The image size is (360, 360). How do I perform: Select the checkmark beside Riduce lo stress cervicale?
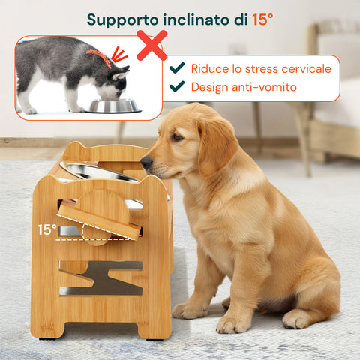tap(177, 68)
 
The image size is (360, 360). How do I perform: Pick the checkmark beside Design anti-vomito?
tap(177, 87)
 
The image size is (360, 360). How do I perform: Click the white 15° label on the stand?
tap(47, 229)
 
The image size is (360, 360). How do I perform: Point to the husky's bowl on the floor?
tap(115, 106)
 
